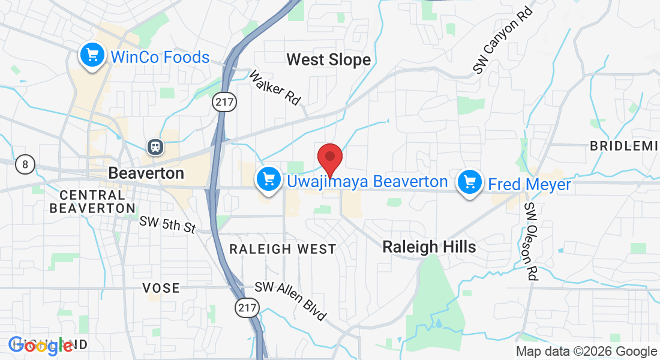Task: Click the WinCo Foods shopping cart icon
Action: click(x=92, y=56)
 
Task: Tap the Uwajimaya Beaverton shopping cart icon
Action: click(x=268, y=179)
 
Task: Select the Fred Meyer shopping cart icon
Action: click(x=470, y=182)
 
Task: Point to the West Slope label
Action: click(x=328, y=60)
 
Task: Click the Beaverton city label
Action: click(x=146, y=173)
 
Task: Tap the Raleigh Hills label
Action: click(x=430, y=247)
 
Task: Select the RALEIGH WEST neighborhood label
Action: click(x=283, y=249)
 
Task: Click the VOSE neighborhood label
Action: click(x=161, y=288)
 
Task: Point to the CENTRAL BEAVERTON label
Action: click(x=92, y=202)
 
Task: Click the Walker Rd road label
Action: click(x=274, y=88)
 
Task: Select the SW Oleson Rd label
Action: click(x=530, y=241)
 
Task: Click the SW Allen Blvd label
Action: click(x=290, y=301)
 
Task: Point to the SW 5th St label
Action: click(x=168, y=225)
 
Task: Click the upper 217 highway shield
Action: click(x=225, y=102)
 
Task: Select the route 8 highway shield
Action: click(x=25, y=164)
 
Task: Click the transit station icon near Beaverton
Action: click(x=155, y=146)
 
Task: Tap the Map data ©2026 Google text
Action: click(x=587, y=352)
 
